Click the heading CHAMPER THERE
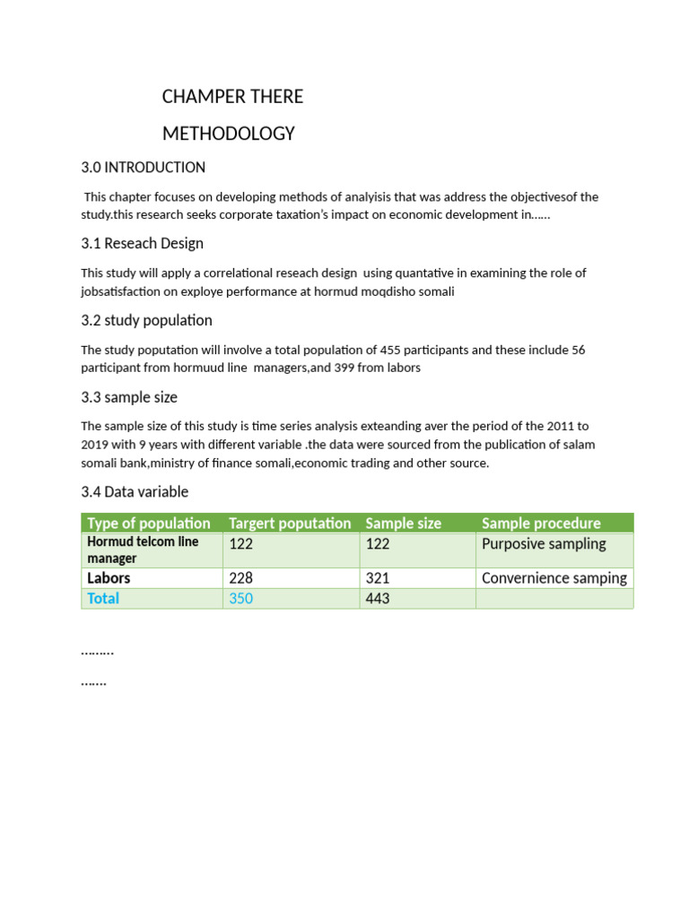(x=232, y=96)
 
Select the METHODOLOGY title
(x=228, y=134)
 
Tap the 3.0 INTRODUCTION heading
(x=143, y=168)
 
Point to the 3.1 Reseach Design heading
(x=142, y=244)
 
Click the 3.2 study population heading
(x=146, y=321)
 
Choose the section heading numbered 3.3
(x=129, y=397)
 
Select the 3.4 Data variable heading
(x=135, y=492)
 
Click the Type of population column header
(x=148, y=523)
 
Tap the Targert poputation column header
(x=290, y=523)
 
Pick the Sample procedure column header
(x=541, y=523)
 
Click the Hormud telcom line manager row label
(x=143, y=550)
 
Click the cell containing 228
(x=241, y=578)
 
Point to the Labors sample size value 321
(x=378, y=578)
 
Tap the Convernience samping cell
(x=554, y=578)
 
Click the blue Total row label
(x=103, y=598)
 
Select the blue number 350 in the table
(x=241, y=598)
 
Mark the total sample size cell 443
(x=378, y=598)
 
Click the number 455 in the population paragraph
(x=390, y=350)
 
